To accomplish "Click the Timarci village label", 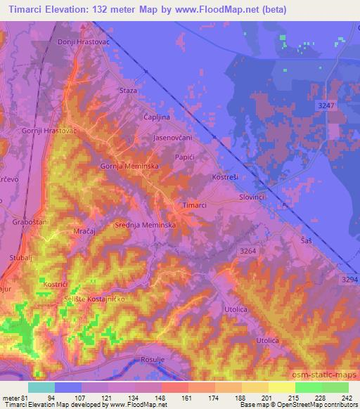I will click(x=195, y=204).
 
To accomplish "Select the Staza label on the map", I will click(x=128, y=91).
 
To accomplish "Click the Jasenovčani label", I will click(x=173, y=138).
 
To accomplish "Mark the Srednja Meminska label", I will click(x=149, y=224).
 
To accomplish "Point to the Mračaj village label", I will click(x=84, y=231).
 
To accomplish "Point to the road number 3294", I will click(x=348, y=279).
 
